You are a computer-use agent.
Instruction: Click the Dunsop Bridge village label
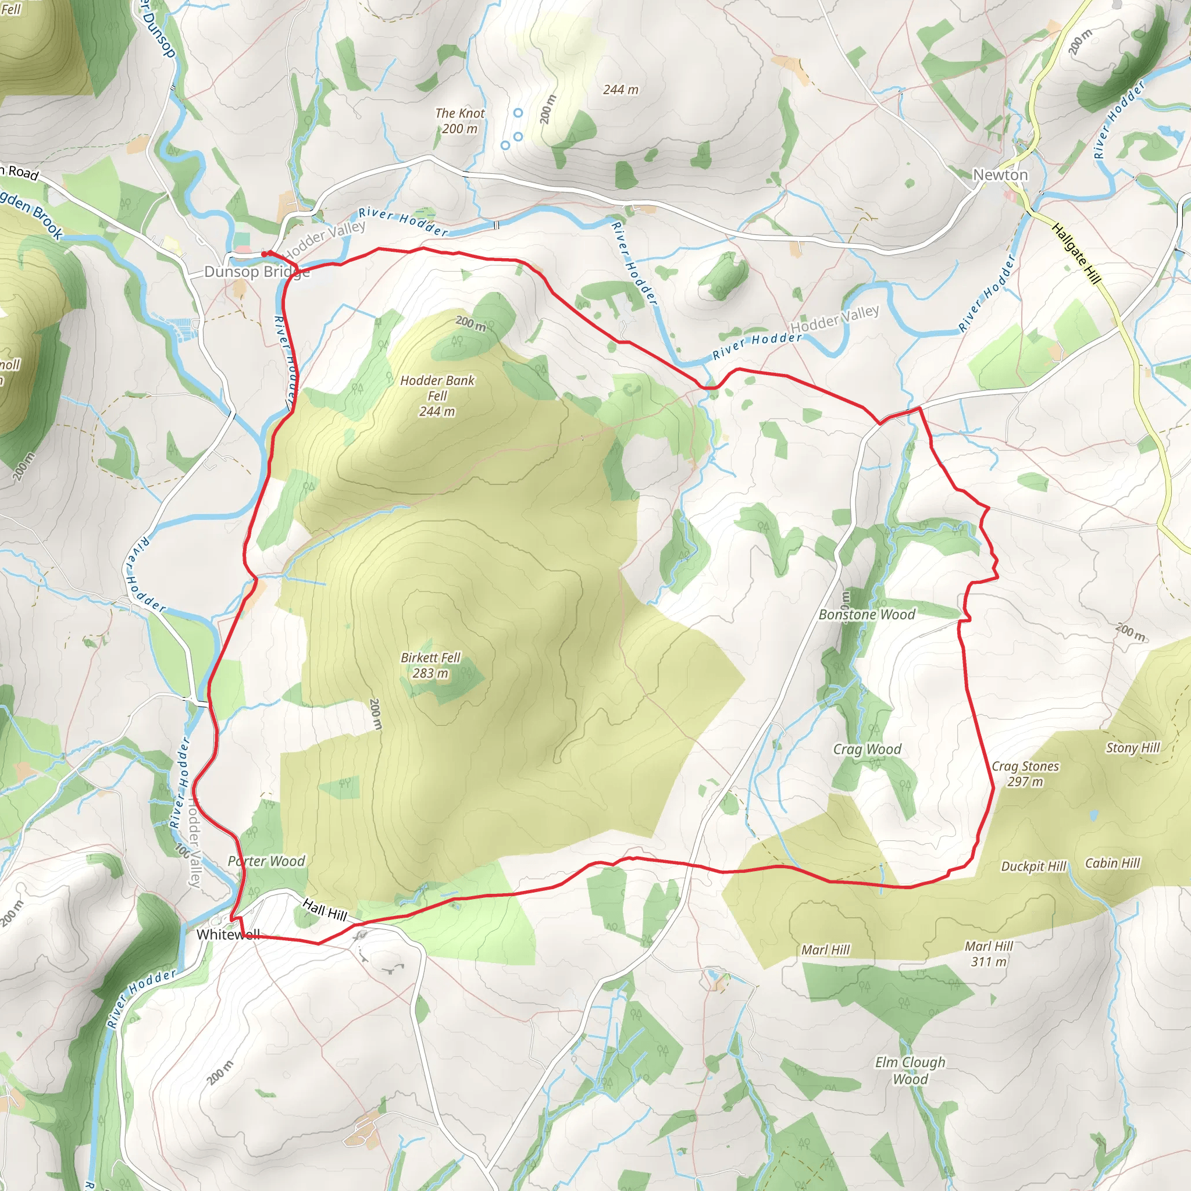[256, 272]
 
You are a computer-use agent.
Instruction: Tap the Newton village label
[1000, 175]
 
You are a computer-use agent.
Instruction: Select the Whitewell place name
[228, 935]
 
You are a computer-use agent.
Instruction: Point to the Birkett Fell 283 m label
[430, 665]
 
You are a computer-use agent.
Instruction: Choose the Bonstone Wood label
[866, 615]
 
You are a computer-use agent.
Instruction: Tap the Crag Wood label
[866, 749]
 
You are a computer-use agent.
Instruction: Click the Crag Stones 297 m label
[1025, 773]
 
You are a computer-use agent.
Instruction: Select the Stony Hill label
[1132, 748]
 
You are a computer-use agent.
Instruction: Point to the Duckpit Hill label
[1033, 866]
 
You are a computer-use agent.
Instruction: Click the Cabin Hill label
[1112, 863]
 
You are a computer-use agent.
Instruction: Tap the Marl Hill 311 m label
[989, 954]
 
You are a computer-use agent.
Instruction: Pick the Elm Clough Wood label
[910, 1070]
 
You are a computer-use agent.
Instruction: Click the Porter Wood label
[266, 861]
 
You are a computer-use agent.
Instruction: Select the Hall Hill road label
[325, 910]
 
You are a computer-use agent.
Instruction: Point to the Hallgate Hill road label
[1076, 254]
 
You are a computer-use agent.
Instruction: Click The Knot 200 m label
[460, 121]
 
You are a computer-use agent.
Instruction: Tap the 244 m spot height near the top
[620, 90]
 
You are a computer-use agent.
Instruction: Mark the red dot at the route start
[264, 254]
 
